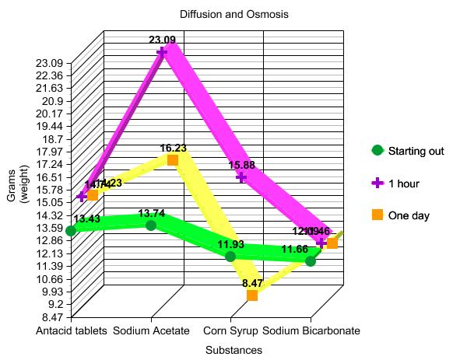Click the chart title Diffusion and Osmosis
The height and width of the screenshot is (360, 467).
233,15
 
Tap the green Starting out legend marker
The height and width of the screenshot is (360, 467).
377,150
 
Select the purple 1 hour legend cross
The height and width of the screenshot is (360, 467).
377,183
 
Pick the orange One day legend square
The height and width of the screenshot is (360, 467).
377,215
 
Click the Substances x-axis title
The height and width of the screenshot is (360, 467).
233,350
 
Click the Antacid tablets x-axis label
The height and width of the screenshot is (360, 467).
72,330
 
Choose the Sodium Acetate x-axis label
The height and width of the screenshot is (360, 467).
151,330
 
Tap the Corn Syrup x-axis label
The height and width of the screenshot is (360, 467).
230,330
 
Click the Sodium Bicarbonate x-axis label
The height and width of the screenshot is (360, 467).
311,330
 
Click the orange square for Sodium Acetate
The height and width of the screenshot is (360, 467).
173,160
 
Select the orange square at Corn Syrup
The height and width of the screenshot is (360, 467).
252,295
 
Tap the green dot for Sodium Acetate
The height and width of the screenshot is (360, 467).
151,225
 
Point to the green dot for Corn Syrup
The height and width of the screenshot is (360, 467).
230,256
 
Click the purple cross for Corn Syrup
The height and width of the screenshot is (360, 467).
242,177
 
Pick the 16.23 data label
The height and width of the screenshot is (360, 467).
173,147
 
